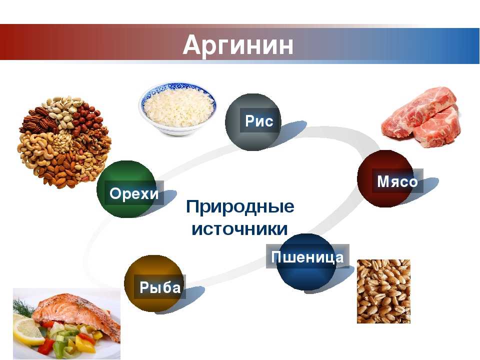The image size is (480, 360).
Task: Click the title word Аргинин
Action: [x=238, y=44]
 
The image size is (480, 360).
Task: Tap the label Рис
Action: [x=259, y=121]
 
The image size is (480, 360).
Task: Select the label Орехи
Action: [x=134, y=193]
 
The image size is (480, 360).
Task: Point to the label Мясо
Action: [x=397, y=181]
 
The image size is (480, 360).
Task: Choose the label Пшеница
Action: [x=307, y=257]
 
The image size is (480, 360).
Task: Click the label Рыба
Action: [x=160, y=287]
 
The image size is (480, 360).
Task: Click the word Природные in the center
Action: [x=240, y=207]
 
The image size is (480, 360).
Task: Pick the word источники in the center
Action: [x=239, y=229]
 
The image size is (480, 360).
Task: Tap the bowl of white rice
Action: [x=178, y=108]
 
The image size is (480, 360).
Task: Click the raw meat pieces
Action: [x=421, y=116]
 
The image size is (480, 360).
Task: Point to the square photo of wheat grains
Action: [x=383, y=291]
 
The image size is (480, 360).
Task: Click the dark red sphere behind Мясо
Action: [x=385, y=179]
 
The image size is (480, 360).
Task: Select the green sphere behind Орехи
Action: [x=125, y=189]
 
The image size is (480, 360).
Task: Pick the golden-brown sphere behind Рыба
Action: [x=153, y=283]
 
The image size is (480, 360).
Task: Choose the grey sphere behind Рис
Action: [x=253, y=122]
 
